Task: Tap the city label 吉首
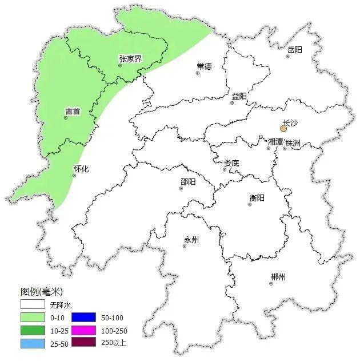[73, 112]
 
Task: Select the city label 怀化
[81, 169]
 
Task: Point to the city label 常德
[204, 66]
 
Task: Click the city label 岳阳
[294, 50]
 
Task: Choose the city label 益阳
[239, 97]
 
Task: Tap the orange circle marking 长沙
[283, 129]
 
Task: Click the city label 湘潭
[275, 141]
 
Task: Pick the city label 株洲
[293, 142]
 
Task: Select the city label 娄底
[231, 163]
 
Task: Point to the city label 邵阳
[188, 181]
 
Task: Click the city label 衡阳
[257, 197]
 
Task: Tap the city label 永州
[191, 240]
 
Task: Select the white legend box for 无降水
[32, 306]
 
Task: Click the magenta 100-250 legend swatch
[83, 331]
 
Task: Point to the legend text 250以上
[114, 343]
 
